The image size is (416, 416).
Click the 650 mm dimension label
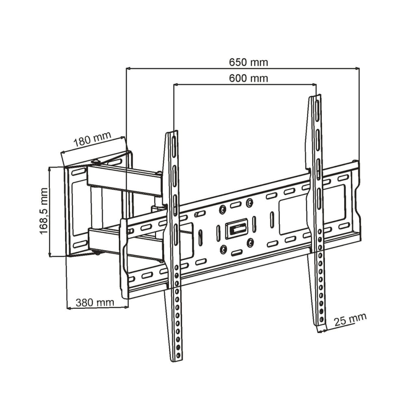click(249, 63)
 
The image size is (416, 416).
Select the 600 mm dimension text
click(249, 78)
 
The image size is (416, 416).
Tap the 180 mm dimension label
click(92, 139)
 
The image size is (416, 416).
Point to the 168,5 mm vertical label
click(44, 211)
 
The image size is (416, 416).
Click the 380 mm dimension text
click(95, 302)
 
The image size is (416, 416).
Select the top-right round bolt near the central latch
click(249, 203)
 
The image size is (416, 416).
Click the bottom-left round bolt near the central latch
click(224, 249)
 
